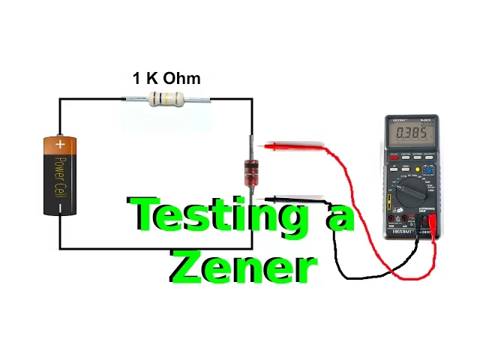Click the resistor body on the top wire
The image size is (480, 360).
[166, 98]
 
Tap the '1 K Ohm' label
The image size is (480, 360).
[166, 78]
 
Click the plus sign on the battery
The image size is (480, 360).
[60, 144]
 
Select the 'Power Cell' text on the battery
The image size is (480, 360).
[60, 177]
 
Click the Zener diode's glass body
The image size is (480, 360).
[252, 172]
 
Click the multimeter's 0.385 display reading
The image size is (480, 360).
[412, 133]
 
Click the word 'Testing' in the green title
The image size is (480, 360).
[218, 217]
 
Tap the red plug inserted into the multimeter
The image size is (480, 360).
[432, 221]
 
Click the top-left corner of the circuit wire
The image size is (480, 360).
[60, 99]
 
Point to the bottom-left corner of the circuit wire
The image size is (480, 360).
[60, 247]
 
